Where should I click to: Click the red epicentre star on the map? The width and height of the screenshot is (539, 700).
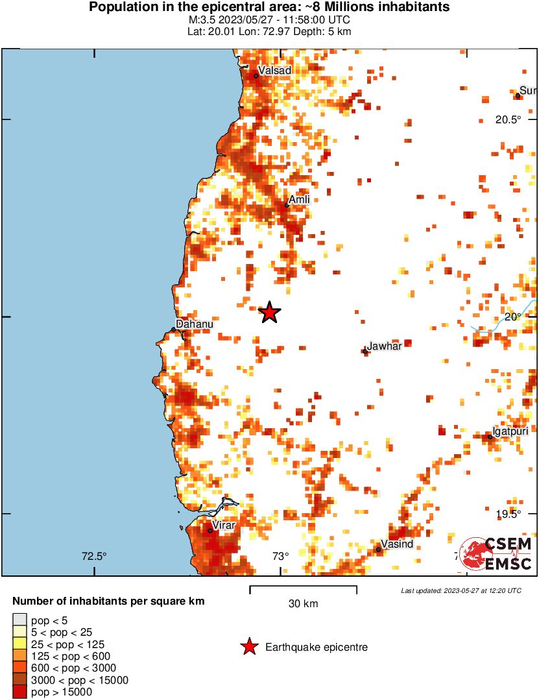(270, 313)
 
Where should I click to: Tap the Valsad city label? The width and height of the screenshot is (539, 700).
(274, 70)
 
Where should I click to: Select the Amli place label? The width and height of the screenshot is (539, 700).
(299, 200)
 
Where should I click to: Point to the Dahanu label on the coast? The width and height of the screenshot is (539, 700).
(195, 324)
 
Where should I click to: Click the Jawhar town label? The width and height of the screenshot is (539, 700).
(384, 346)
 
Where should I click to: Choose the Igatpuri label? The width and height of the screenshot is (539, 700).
(510, 431)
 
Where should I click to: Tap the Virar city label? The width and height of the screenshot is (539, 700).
(224, 525)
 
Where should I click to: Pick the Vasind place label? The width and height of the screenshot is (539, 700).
(397, 544)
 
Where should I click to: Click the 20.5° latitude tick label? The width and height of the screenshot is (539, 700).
(509, 119)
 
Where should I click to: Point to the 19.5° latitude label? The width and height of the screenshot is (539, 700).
(509, 514)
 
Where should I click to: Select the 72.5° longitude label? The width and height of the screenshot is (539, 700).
(94, 556)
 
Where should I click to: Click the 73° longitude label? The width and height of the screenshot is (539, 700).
(280, 556)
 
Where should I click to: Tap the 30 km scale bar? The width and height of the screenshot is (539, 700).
(303, 590)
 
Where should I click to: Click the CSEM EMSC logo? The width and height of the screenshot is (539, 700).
(496, 553)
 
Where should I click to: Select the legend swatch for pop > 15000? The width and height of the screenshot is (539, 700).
(20, 692)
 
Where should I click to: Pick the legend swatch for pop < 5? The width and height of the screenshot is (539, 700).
(20, 621)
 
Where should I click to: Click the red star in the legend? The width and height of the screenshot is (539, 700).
(248, 647)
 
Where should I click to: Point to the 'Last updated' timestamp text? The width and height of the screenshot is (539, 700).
(461, 590)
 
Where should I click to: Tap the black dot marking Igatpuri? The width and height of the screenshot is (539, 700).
(490, 437)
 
